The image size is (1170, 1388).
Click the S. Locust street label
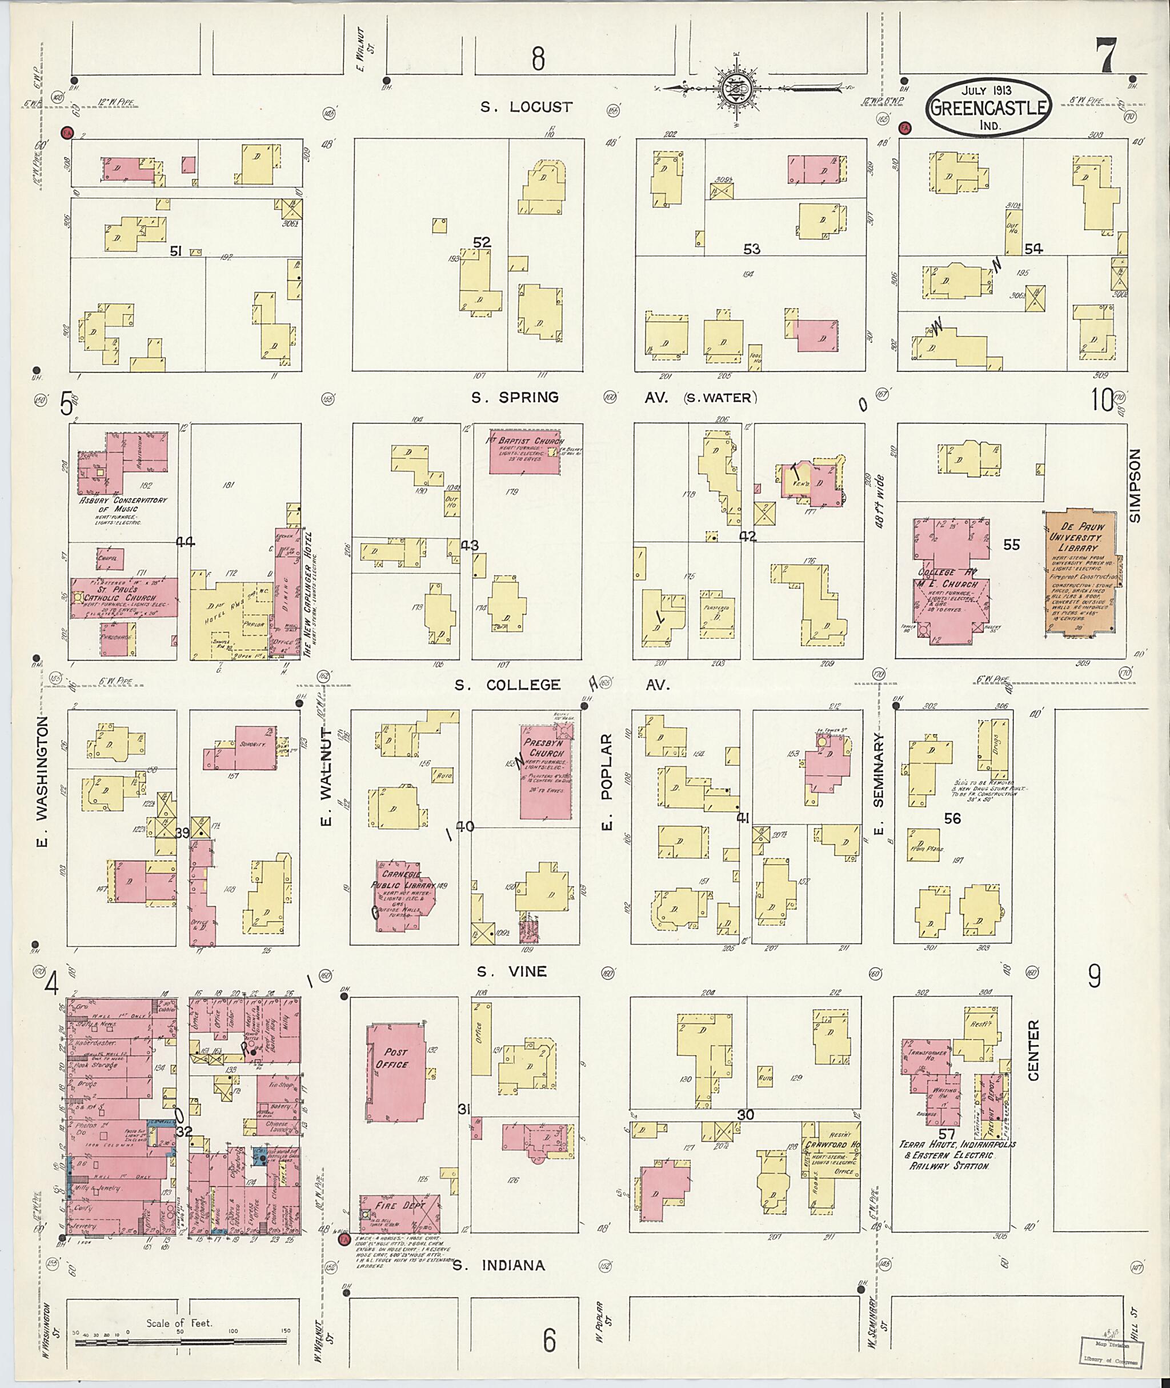click(x=527, y=106)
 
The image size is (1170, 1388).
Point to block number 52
click(x=482, y=242)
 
